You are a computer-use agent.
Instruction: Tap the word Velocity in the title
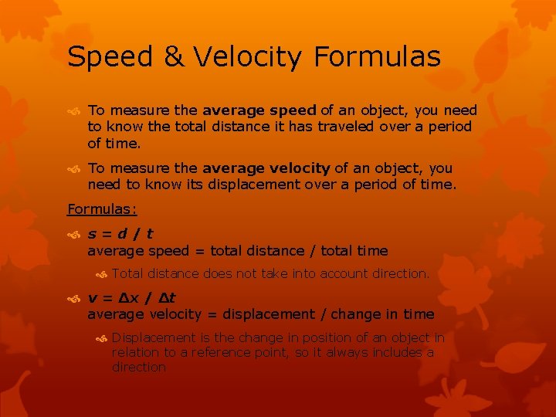click(x=250, y=57)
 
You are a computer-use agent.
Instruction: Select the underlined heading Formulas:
click(x=102, y=208)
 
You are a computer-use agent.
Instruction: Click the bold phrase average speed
click(x=259, y=110)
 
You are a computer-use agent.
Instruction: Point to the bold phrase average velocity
click(x=266, y=168)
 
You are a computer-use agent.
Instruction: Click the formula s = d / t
click(x=120, y=233)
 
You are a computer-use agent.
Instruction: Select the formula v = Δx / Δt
click(x=131, y=297)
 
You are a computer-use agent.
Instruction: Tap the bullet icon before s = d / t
click(x=74, y=234)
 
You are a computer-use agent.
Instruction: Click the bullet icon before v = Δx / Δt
click(x=74, y=298)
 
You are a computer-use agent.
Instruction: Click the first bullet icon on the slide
click(x=74, y=111)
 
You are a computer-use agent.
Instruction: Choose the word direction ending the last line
click(x=139, y=368)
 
